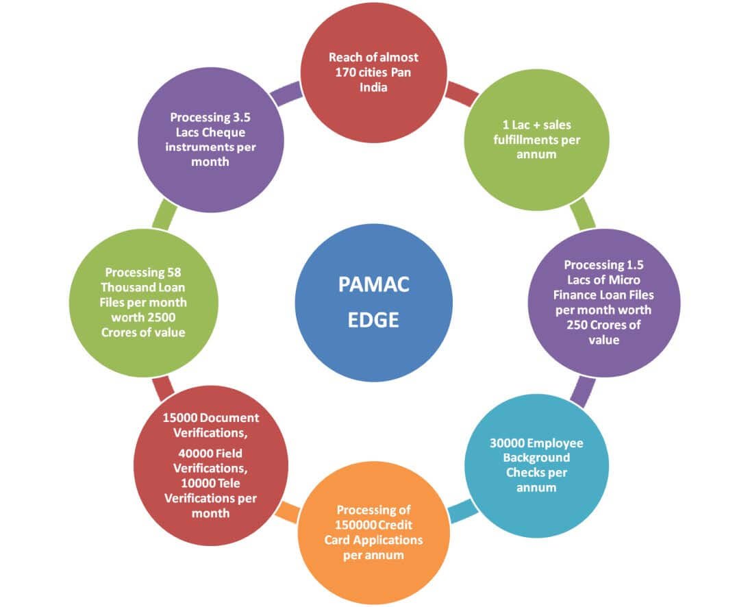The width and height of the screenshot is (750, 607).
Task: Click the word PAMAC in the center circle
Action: coord(373,284)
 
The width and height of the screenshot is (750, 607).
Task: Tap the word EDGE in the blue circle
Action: coord(373,320)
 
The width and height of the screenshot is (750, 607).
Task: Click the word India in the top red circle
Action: coord(373,88)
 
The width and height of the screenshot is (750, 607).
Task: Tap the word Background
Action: coord(536,458)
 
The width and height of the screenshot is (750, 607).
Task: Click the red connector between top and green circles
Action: coord(462,92)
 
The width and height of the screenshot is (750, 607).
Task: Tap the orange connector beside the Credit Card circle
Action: coord(288,512)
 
